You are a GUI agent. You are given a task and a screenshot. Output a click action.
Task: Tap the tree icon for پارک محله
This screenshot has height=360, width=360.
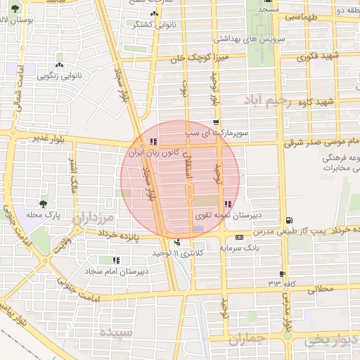(45, 202)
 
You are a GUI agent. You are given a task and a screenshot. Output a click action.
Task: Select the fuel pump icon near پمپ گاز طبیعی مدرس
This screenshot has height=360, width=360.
(289, 220)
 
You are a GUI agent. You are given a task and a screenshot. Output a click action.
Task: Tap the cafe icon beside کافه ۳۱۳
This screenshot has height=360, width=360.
(283, 274)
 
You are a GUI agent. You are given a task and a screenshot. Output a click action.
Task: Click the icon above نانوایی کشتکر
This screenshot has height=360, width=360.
(155, 13)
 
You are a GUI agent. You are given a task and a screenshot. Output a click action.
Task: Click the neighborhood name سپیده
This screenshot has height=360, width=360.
(115, 331)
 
